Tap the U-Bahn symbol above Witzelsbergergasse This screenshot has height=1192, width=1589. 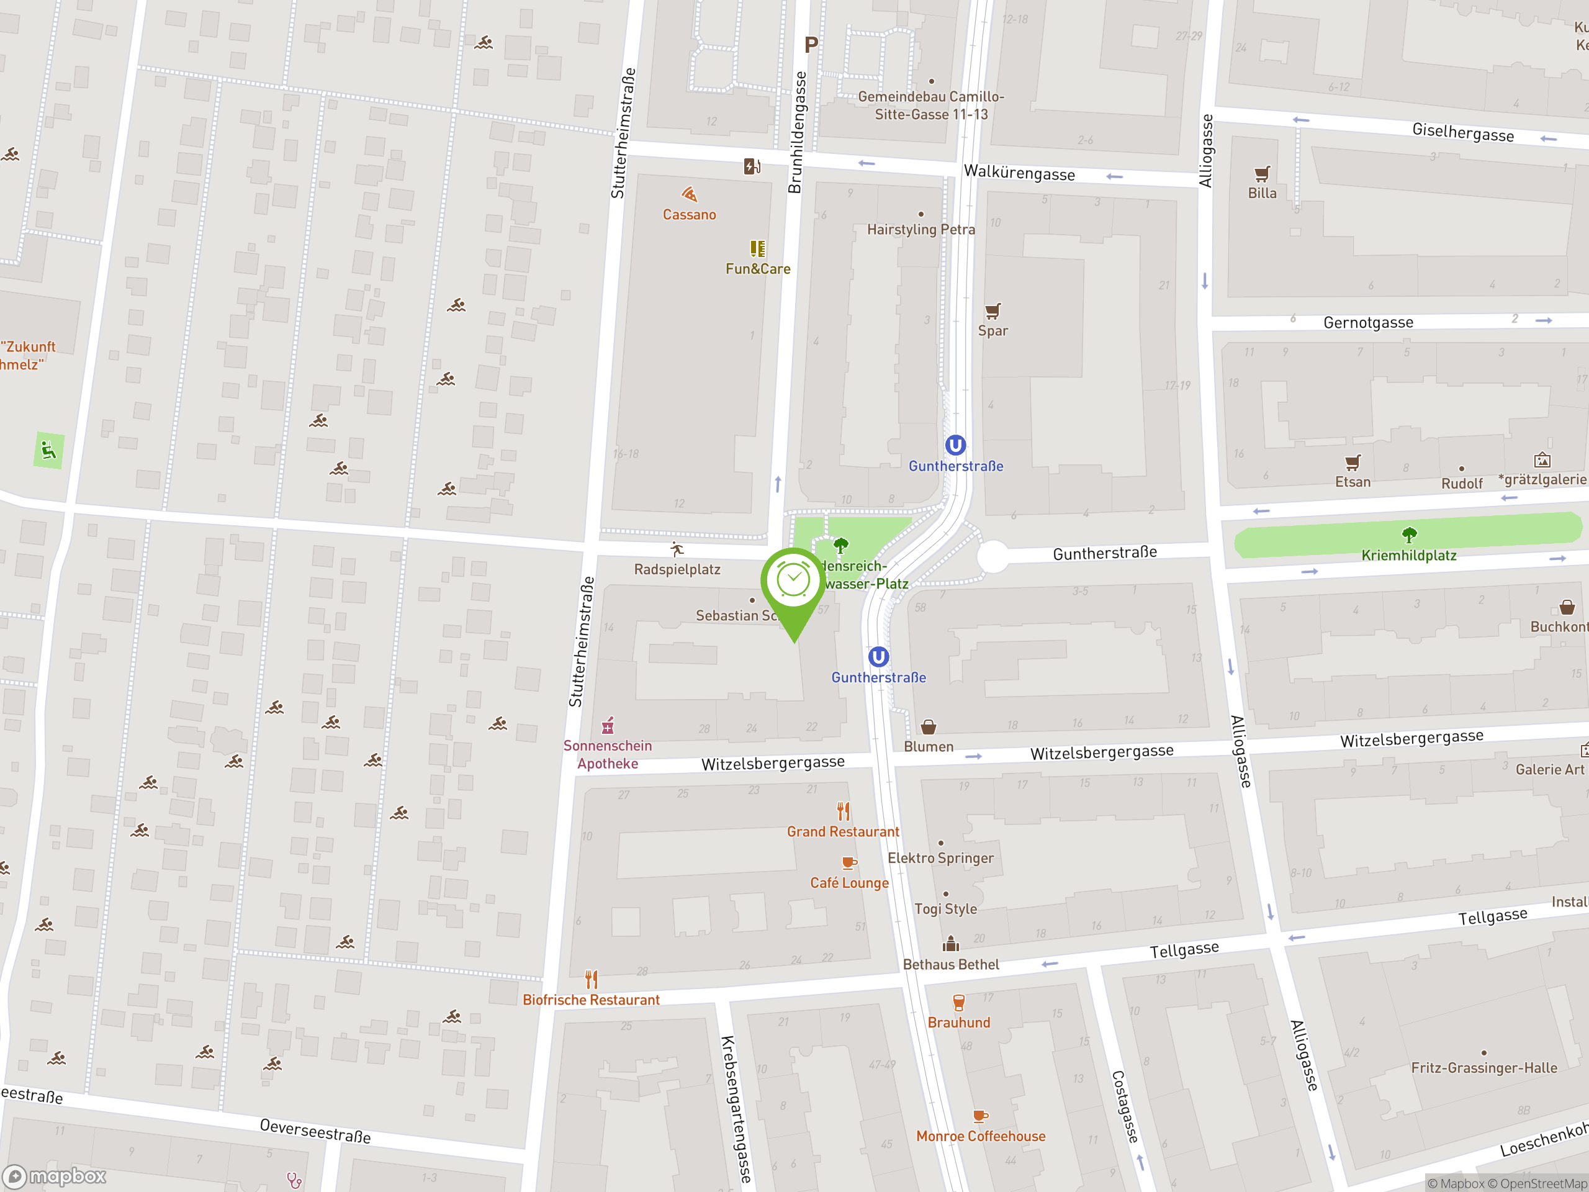(878, 657)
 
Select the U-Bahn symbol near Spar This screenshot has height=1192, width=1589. (955, 446)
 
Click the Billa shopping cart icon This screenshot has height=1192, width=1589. (1262, 174)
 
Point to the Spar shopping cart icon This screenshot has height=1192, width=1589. (993, 311)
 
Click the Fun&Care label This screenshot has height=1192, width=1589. (758, 269)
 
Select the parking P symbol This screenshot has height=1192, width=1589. (811, 45)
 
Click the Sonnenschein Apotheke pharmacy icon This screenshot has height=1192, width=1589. (608, 726)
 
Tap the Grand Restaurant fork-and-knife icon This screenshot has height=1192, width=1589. (844, 812)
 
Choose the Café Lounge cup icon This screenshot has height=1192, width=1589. (849, 863)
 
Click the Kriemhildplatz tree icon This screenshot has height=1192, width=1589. (1410, 535)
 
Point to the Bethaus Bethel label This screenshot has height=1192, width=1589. (950, 964)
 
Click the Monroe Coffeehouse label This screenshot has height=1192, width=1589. (981, 1136)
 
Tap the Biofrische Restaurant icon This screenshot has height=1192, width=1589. (591, 979)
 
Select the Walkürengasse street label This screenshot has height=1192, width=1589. (1019, 173)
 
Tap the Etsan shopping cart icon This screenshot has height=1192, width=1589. (1353, 462)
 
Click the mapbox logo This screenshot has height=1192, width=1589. (55, 1176)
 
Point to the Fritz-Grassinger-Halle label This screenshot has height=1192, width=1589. (1484, 1068)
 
